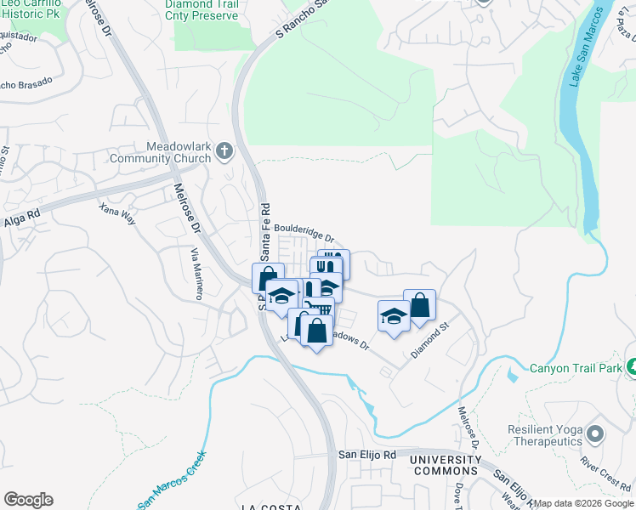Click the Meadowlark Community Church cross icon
point(224,152)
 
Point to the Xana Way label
point(117,213)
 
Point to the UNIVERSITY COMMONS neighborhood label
point(443,465)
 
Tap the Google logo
point(28,500)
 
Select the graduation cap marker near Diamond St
point(393,316)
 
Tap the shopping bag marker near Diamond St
point(420,304)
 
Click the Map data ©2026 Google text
point(583,503)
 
